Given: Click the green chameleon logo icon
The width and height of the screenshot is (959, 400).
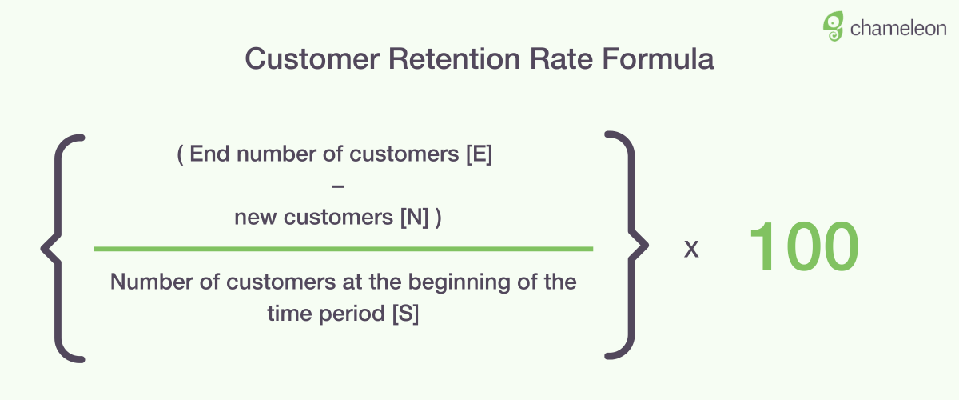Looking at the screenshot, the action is coord(833,26).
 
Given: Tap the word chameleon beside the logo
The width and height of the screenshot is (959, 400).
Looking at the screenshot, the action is coord(898,29).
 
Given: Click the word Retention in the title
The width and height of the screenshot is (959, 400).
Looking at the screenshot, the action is coord(454,58).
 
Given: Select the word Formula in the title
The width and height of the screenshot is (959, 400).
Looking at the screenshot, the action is coord(658,58).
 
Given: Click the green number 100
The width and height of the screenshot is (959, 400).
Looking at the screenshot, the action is coord(804,246).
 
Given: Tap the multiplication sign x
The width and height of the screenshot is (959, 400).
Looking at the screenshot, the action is coord(691,249).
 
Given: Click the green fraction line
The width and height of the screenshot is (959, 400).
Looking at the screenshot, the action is coord(344,249).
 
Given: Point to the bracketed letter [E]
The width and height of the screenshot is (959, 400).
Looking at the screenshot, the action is coord(479,154).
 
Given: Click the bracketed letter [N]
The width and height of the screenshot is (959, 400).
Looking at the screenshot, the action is coord(415,217).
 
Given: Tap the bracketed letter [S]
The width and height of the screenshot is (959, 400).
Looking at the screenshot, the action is coord(405,314).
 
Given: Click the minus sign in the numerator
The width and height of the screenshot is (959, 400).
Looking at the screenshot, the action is coord(338,186).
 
